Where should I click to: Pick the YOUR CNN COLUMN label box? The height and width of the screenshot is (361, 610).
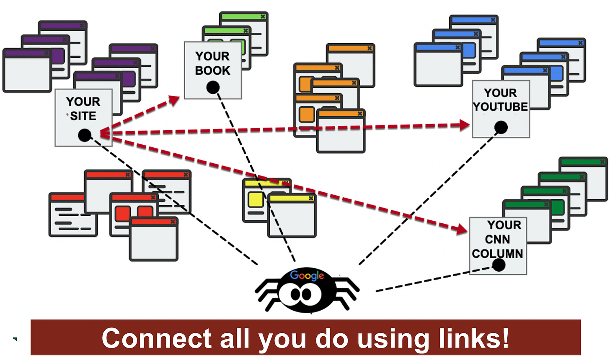click(x=497, y=239)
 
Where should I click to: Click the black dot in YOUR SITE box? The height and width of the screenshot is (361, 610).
click(x=85, y=135)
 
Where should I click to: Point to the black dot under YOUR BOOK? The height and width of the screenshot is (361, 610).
click(x=213, y=87)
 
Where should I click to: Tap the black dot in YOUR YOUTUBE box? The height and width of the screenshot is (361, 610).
click(x=501, y=127)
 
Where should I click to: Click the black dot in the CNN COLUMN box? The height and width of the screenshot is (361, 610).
click(x=499, y=265)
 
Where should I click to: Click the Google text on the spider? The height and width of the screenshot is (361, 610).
click(x=307, y=275)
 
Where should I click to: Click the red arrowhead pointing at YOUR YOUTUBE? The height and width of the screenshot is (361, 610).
click(x=464, y=125)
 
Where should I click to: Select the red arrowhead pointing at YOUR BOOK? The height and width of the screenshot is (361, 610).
click(x=173, y=100)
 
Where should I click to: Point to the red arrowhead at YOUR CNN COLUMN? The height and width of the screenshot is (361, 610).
click(x=462, y=229)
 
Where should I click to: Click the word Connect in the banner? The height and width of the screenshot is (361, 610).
click(x=157, y=338)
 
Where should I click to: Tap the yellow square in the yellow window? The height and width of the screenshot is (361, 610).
click(x=256, y=199)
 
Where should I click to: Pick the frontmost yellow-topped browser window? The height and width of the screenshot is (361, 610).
click(x=292, y=216)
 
